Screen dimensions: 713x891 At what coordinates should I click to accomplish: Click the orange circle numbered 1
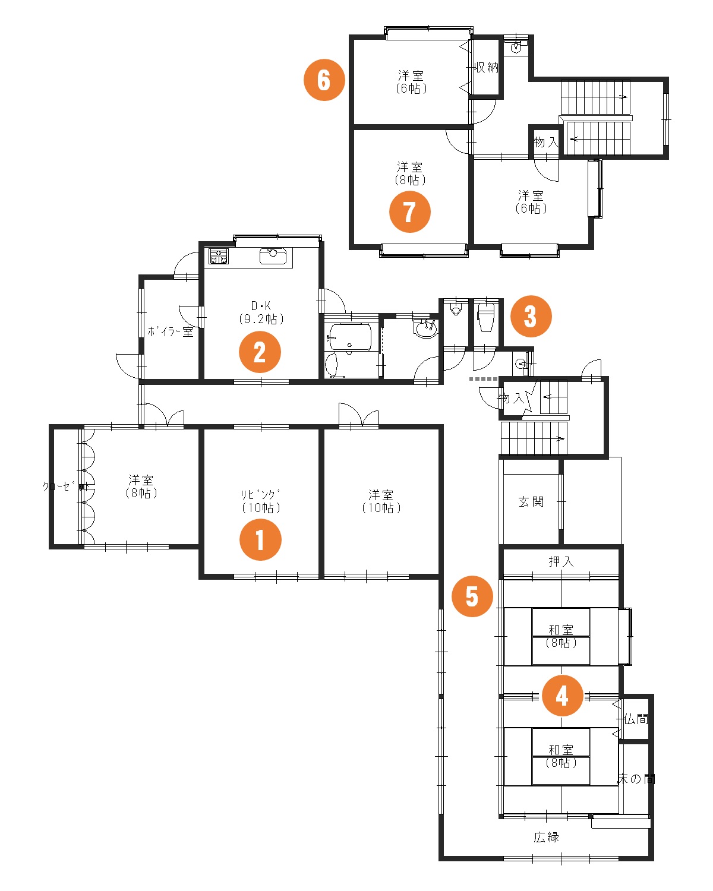260,539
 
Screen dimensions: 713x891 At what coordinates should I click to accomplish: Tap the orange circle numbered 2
260,352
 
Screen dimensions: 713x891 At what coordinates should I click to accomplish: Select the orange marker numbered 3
531,317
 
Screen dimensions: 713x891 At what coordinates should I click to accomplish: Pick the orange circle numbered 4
562,696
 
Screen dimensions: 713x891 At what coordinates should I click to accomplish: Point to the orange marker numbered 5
472,596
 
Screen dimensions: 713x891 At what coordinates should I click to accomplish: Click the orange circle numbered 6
324,80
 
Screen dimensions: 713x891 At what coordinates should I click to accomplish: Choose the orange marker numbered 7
410,211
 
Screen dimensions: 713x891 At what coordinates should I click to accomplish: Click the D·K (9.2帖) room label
261,312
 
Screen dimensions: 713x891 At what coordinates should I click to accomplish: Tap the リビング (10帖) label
261,501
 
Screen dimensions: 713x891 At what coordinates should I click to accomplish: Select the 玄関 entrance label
531,502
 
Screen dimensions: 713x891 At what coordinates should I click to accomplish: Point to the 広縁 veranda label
546,837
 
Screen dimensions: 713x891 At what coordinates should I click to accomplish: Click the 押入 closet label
561,561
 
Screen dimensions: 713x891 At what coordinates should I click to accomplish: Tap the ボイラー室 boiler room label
171,331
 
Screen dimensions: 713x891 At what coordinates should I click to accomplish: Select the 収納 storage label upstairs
487,67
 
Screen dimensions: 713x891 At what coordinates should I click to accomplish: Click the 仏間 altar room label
636,719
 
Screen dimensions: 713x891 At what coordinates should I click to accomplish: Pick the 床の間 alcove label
636,779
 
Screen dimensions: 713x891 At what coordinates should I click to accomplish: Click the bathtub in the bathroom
349,337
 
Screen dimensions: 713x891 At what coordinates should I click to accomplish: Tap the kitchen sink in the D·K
273,257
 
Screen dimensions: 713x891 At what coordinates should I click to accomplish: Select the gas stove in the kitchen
218,256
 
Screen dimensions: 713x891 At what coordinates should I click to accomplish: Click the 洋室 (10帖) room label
381,501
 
